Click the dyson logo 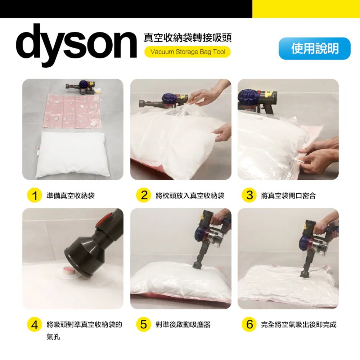coord(76,45)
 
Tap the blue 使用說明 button coord(315,49)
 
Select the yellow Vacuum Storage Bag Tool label coord(187,52)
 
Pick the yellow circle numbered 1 coord(35,195)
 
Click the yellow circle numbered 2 coord(144,195)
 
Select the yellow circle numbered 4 coord(35,325)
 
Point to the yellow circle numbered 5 coord(144,325)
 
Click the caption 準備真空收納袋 coord(71,195)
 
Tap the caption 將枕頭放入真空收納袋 coord(190,195)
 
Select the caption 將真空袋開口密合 coord(288,195)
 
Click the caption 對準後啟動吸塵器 coord(183,325)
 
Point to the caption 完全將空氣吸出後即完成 coord(299,325)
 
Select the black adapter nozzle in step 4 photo coord(92,248)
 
